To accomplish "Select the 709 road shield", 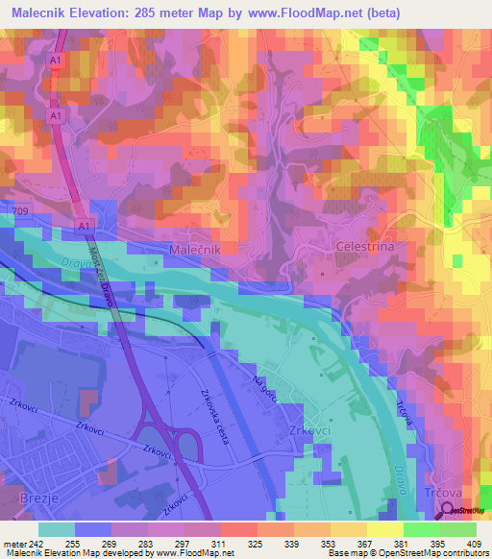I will (22, 209).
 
